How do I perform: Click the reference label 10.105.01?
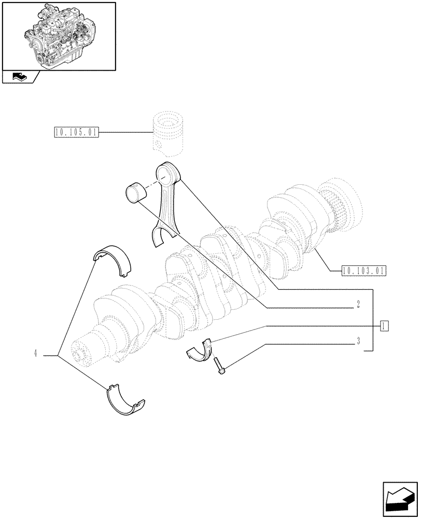[x=76, y=133]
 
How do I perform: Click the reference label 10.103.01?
[x=365, y=270]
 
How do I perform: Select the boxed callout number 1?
[x=384, y=326]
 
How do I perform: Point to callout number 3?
[x=358, y=342]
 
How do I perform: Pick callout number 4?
[x=35, y=354]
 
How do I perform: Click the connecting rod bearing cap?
[x=199, y=351]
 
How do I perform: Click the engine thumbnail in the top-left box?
[x=58, y=35]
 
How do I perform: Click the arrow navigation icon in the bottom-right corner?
[x=400, y=498]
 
